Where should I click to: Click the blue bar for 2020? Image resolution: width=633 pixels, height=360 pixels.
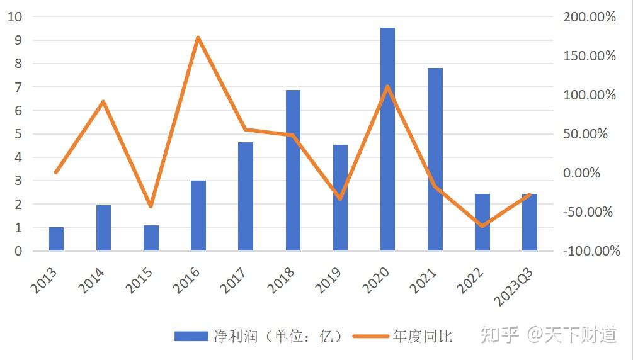387,139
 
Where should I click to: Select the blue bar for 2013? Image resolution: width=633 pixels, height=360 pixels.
56,239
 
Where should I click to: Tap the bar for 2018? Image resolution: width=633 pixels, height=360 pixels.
293,170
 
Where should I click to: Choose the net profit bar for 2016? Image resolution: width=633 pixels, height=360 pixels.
198,215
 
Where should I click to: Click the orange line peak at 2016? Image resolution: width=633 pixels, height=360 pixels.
198,38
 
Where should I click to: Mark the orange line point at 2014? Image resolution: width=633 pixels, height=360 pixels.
103,101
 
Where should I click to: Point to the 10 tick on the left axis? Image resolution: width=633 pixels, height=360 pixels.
14,17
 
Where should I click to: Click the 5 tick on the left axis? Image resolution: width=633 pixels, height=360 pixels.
18,134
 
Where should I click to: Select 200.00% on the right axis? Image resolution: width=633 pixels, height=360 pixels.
590,17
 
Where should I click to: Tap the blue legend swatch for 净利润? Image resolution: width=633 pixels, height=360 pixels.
191,337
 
